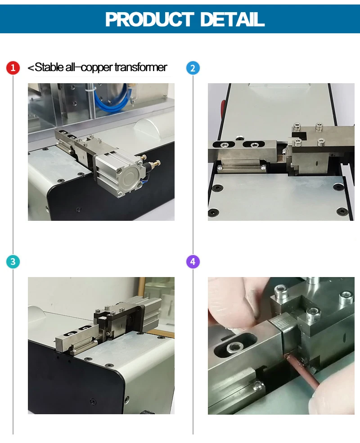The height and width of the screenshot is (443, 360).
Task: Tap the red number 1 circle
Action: [13, 68]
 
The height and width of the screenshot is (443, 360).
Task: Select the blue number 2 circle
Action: [193, 68]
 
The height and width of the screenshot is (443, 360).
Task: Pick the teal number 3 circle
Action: [13, 261]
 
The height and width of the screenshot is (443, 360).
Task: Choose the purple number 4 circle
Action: [193, 261]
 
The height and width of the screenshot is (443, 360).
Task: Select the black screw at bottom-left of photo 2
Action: [212, 212]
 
